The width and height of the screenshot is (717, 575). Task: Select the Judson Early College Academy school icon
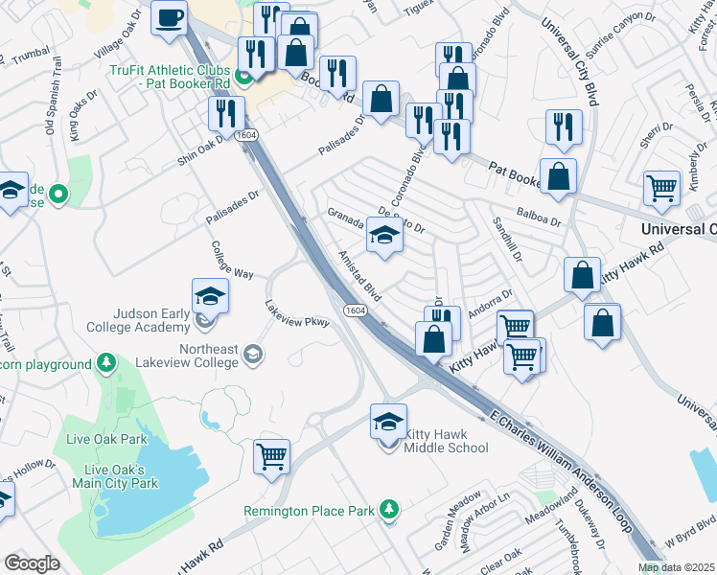click(x=210, y=296)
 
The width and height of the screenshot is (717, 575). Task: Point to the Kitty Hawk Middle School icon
click(x=388, y=422)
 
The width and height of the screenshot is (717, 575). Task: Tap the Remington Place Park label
click(x=309, y=511)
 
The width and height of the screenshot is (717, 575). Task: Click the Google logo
click(x=32, y=563)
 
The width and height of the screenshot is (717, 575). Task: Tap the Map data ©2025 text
click(x=677, y=567)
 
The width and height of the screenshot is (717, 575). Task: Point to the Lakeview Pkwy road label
click(x=297, y=313)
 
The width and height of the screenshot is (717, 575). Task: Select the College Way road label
click(x=231, y=259)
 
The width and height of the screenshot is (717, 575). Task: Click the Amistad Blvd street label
click(x=359, y=276)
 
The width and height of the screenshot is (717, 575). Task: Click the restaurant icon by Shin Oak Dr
click(x=227, y=114)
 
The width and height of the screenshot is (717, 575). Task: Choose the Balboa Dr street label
click(x=537, y=219)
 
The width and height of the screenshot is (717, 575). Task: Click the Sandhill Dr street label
click(x=507, y=239)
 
